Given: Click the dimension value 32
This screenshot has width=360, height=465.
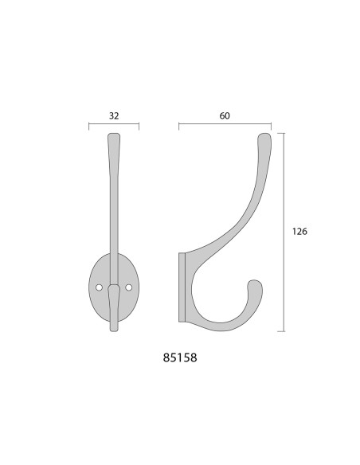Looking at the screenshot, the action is [x=114, y=115].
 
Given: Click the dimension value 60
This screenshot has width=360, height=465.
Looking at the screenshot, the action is [x=225, y=115].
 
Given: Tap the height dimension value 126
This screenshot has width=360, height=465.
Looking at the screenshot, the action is [x=299, y=232].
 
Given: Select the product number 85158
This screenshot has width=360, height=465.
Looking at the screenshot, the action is [x=180, y=358].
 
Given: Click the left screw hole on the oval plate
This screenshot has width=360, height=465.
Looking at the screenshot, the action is [x=99, y=287].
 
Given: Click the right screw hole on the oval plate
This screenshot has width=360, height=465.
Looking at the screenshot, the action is [x=129, y=287].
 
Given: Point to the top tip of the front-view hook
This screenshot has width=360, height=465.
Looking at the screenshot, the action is [x=114, y=135].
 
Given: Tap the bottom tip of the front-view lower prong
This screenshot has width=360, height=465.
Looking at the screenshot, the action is [x=114, y=330].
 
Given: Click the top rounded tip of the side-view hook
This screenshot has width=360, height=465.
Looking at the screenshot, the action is [x=264, y=135].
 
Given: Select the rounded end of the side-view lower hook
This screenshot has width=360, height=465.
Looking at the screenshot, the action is [x=255, y=283].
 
